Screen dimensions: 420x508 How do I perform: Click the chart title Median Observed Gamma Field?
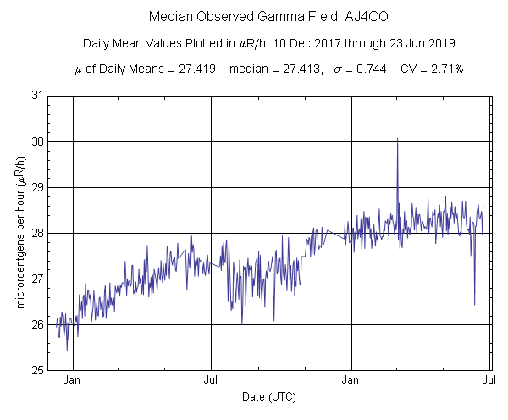coord(253,16)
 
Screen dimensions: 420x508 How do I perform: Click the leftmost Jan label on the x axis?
coord(73,381)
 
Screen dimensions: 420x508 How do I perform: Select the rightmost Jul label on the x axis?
coord(489,381)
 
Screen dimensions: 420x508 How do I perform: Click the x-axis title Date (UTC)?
coord(268,396)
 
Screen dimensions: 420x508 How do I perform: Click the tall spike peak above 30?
coord(397,139)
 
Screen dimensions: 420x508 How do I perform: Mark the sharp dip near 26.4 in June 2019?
coord(474,303)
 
